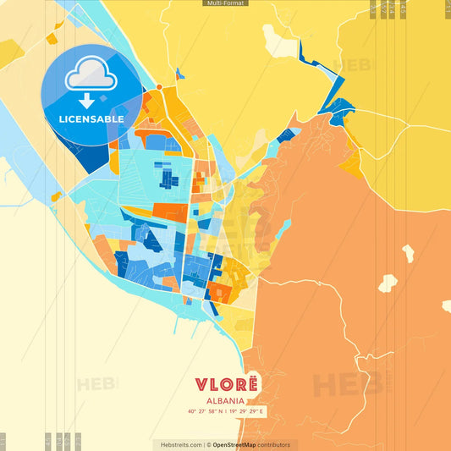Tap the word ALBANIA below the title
pos(225,401)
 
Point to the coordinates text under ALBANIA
pos(225,412)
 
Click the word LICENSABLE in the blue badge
pos(91,119)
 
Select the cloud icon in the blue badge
pos(91,75)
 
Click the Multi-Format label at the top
pos(225,3)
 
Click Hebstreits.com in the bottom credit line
pos(177,444)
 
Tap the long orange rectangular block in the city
pos(169,212)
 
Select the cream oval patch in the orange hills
pos(388,283)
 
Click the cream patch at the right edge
pos(446,305)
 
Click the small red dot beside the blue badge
pos(158,86)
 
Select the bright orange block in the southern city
pos(219,293)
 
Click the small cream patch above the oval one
pos(408,252)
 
